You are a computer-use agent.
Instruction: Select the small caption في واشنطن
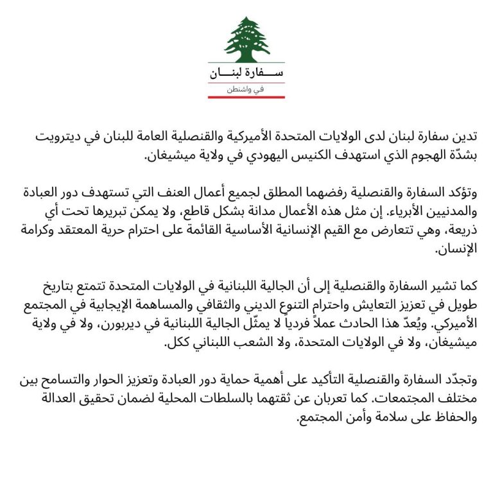tap(246, 90)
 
